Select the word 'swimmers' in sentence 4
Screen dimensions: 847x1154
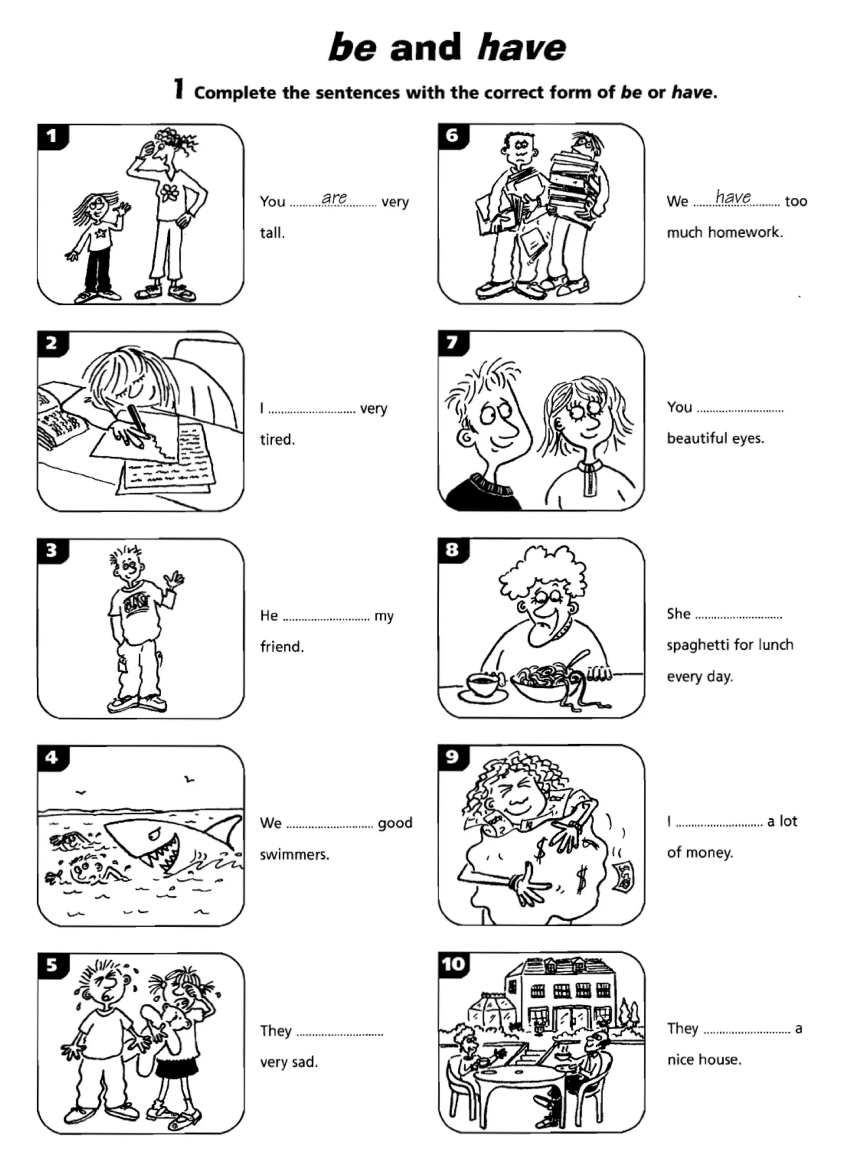pos(294,855)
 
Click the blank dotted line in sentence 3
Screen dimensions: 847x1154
pos(326,618)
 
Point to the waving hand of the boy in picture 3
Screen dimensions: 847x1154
pos(174,579)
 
